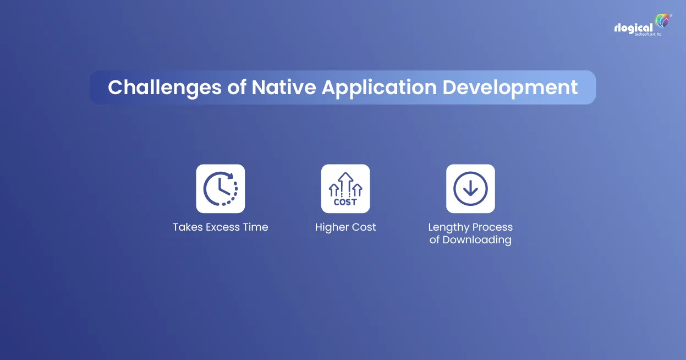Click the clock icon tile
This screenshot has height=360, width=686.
click(x=221, y=189)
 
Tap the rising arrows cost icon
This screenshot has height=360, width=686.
click(x=345, y=189)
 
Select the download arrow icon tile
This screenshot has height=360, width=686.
click(x=470, y=189)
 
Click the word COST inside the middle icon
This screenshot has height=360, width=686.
click(x=345, y=202)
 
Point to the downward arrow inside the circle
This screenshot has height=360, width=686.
click(x=470, y=189)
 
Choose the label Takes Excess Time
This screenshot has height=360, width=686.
click(x=221, y=227)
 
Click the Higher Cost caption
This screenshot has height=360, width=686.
click(x=345, y=227)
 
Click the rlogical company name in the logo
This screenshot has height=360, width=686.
click(x=633, y=28)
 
